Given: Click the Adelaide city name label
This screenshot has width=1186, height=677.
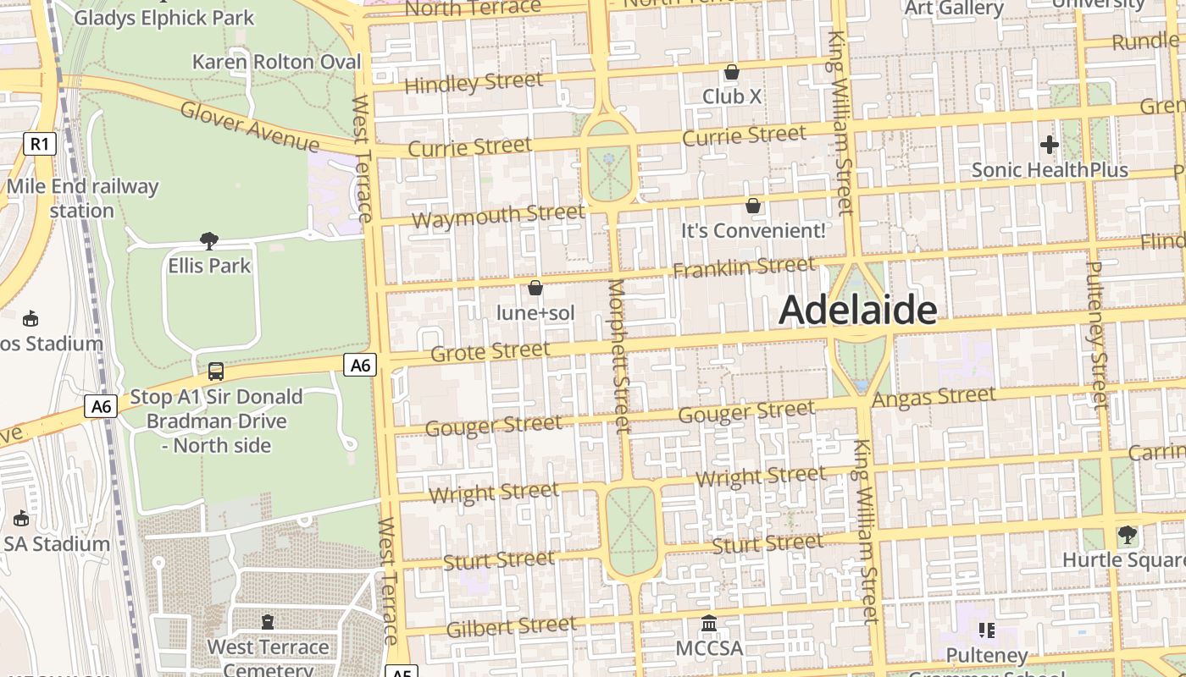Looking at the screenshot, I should (857, 311).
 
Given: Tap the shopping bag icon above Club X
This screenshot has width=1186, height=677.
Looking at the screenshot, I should (731, 72).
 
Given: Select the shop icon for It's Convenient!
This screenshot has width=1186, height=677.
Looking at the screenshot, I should (752, 206).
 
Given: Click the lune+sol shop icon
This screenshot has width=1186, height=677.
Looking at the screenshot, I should (535, 288).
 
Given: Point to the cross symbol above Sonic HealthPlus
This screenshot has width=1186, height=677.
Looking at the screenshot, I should (1049, 145).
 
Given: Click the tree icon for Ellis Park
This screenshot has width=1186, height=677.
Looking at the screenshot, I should (209, 241).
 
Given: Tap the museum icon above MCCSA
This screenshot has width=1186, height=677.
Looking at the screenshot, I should (709, 625).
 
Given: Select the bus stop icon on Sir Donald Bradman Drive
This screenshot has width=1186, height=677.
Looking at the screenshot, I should (216, 371).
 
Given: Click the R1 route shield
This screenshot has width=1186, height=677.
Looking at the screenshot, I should (40, 144).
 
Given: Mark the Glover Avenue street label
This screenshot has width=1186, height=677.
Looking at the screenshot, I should (249, 127).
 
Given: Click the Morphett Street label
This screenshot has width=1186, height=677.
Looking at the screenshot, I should (619, 355).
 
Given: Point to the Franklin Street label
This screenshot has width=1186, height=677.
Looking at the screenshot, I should (744, 267).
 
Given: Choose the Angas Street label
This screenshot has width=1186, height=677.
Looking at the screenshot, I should (934, 397).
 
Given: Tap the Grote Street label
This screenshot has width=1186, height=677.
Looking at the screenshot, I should (490, 351).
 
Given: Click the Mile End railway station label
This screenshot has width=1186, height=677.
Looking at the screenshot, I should (81, 198).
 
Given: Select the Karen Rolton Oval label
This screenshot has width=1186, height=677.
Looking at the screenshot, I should (276, 62).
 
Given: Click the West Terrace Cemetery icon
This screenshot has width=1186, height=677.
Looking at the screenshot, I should (268, 622).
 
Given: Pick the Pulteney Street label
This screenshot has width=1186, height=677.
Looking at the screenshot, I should (1096, 334).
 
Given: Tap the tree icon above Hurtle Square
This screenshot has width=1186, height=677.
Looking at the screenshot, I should (1127, 535).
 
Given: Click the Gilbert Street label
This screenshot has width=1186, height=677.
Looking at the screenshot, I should (511, 627).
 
